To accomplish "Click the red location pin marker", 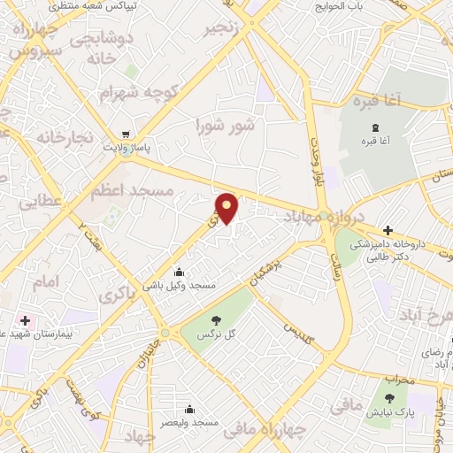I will coord(227,207).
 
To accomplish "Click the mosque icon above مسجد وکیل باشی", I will coord(180,272).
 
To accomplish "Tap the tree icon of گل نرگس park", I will coord(216,319).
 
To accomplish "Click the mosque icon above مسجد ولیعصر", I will coord(189,409).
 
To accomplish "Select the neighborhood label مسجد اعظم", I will coord(135,190).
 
